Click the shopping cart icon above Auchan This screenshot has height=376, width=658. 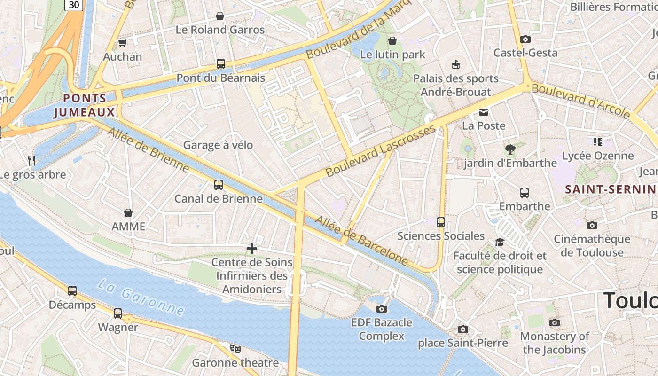point(122,43)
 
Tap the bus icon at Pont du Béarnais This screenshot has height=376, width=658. point(220,64)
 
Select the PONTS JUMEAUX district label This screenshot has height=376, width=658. point(85,105)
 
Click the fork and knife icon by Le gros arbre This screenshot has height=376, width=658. point(31,161)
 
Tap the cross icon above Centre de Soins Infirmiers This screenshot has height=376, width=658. point(252,249)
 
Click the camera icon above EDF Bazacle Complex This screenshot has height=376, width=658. point(382,309)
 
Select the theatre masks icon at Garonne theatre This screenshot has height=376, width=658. point(235,349)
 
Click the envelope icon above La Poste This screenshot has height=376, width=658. point(484,112)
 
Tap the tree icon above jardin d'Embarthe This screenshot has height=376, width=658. point(510,149)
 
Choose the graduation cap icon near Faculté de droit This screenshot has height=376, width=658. point(500,242)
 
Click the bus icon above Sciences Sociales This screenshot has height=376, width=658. point(441,222)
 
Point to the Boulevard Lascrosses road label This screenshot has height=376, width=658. point(381,151)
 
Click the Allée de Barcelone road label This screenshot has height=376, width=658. point(361,240)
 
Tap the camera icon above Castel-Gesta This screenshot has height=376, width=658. point(525,39)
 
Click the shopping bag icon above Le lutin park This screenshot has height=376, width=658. point(392,41)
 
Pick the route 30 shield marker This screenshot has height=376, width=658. point(74,5)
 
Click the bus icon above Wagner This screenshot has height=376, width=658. point(118,313)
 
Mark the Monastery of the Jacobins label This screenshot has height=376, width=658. point(554,343)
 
